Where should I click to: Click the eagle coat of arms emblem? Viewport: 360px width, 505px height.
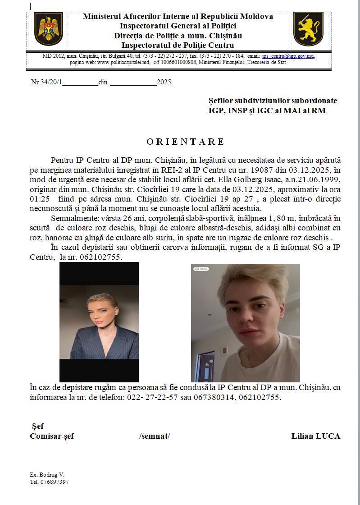point(49,29)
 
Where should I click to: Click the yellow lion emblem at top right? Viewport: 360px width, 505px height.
point(308,29)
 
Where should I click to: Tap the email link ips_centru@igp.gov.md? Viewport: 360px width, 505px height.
point(288,56)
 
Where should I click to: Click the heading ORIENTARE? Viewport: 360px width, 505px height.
point(185,142)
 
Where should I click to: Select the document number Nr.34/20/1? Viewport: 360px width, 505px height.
point(46,82)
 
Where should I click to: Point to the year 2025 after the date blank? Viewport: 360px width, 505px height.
point(164,82)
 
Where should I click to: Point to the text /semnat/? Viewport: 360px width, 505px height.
point(155,436)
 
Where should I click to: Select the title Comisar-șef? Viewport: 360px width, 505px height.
point(52,436)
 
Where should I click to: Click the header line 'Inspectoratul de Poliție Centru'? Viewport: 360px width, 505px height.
point(178,45)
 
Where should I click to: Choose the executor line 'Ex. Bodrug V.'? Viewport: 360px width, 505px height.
point(47,475)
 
